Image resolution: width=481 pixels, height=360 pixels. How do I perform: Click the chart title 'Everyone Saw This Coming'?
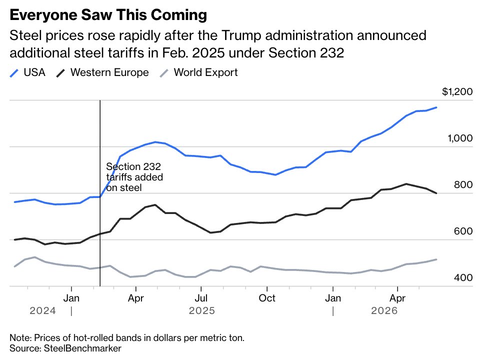coord(108,14)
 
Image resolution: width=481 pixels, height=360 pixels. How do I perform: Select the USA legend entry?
coord(27,72)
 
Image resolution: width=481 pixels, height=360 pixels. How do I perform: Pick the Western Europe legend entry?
coord(102,72)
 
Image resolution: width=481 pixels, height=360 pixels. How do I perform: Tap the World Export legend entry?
coord(199,72)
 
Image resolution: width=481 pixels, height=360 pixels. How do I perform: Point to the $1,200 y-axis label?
coord(457,91)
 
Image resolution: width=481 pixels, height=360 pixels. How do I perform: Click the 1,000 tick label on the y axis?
coord(460,138)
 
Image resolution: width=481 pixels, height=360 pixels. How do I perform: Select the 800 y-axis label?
coord(463,185)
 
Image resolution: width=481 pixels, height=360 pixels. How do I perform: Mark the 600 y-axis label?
coord(463,231)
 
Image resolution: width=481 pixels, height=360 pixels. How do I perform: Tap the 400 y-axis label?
coord(463,278)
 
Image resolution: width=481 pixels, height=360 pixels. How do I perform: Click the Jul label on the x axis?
coord(201,298)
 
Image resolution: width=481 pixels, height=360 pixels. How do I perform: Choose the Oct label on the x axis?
coord(267,298)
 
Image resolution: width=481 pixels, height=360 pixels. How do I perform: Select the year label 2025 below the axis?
coord(202,310)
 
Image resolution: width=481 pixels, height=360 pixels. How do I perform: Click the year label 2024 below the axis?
coord(42,310)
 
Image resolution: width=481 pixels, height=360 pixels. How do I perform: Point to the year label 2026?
coord(384,310)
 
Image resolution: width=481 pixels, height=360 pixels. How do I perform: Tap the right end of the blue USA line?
coord(436,107)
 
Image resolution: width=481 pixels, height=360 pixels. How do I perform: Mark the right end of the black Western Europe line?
coord(436,193)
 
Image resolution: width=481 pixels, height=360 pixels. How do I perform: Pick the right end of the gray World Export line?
coord(436,259)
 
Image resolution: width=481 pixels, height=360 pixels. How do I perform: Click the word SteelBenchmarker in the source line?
coord(82,348)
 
